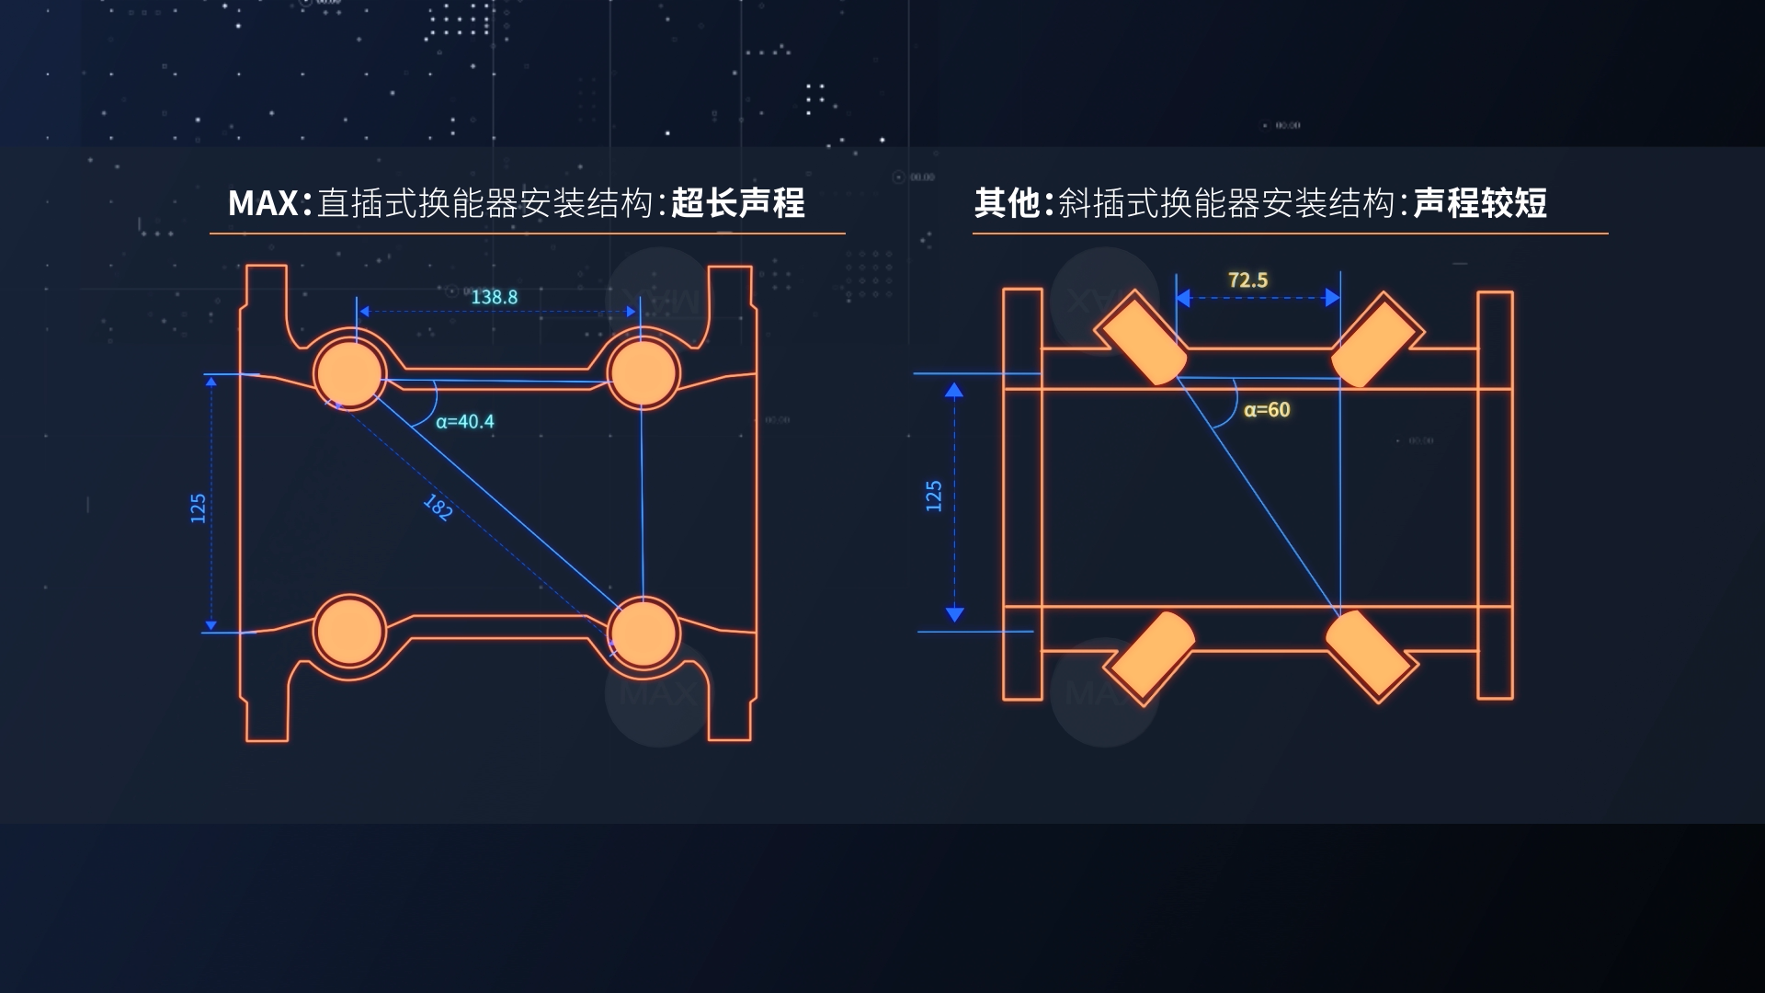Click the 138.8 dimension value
click(x=494, y=297)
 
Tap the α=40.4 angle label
click(x=465, y=421)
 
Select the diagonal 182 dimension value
click(x=438, y=507)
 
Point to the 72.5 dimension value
click(x=1247, y=280)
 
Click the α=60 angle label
click(x=1267, y=410)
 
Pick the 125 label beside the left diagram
click(x=198, y=508)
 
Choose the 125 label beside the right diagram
click(x=934, y=496)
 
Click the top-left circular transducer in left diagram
click(x=349, y=373)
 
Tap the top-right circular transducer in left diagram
click(x=643, y=373)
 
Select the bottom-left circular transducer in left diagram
click(x=349, y=632)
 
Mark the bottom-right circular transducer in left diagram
click(x=643, y=633)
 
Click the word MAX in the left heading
click(x=263, y=203)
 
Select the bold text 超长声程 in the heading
click(x=738, y=203)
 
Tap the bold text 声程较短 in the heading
click(x=1480, y=203)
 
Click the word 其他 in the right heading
click(x=1007, y=203)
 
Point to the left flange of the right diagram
click(x=1022, y=495)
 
